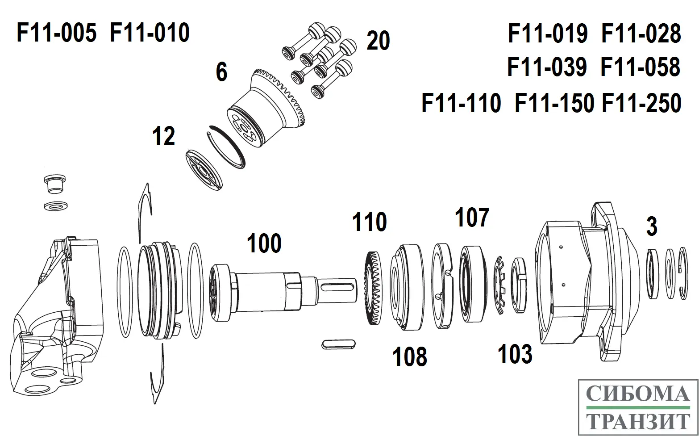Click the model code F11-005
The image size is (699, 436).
point(56,34)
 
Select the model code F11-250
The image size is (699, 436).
point(641,104)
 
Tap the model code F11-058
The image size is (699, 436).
point(640,67)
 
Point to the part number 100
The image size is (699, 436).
point(264,244)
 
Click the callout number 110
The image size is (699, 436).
point(369,222)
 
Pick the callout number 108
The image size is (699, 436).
point(409,357)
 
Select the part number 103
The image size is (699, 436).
point(515,354)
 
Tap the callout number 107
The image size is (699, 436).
point(472,218)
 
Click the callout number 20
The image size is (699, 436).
point(378,41)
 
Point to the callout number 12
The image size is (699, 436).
point(163,137)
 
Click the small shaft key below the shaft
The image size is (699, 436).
point(338,344)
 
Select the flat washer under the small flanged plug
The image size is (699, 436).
point(56,206)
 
